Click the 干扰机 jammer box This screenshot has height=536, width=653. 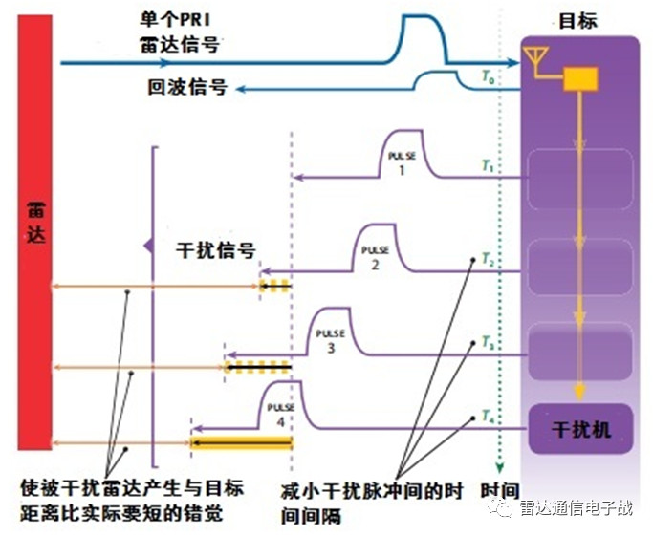[581, 428]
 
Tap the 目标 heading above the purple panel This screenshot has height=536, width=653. [578, 20]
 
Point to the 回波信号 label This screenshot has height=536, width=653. [187, 87]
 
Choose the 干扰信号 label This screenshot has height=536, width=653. [217, 251]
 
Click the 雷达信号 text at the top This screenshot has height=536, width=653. [177, 42]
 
